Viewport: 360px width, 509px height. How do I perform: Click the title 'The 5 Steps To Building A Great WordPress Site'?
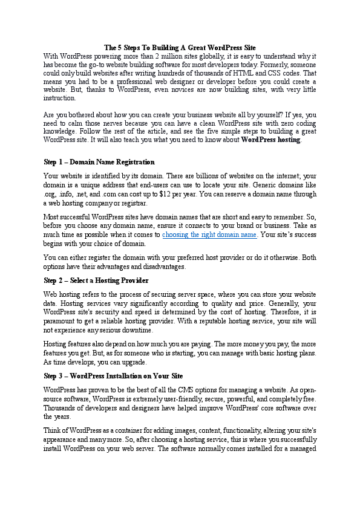click(x=180, y=47)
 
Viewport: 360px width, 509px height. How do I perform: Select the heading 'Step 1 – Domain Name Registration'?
click(x=99, y=162)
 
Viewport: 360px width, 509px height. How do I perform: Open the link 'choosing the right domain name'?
click(x=210, y=235)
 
